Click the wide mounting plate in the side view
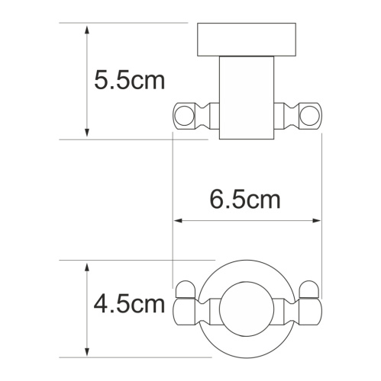coord(247,39)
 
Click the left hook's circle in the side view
coord(183,116)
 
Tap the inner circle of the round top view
coord(247,306)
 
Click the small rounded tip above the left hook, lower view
coord(183,290)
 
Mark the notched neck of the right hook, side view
coord(290,116)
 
